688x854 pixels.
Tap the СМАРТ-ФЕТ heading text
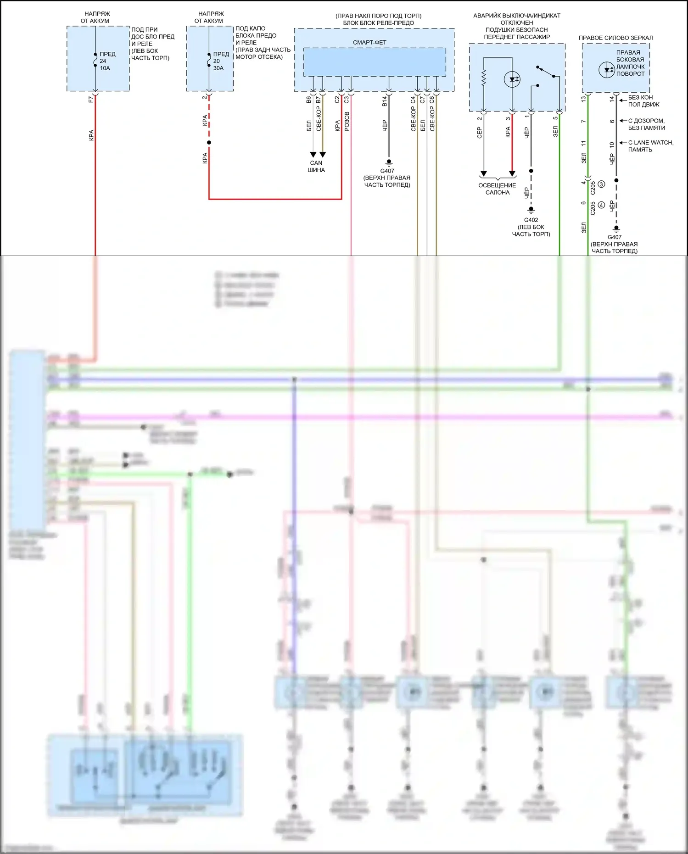coord(369,43)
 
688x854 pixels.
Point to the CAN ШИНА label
coord(316,166)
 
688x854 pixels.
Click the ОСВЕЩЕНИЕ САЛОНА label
coord(497,189)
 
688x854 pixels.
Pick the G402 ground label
coord(531,220)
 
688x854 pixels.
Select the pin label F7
coord(91,99)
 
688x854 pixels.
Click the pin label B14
coord(385,101)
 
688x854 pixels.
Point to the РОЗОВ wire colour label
coord(347,122)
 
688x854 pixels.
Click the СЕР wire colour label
coord(480,133)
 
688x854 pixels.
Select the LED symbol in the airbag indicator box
coord(512,79)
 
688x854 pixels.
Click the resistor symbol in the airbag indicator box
coord(483,78)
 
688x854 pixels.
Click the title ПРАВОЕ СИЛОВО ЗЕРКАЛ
coord(615,38)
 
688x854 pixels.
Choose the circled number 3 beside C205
coord(601,184)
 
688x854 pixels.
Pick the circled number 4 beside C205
coord(601,205)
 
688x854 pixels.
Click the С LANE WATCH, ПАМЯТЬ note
coord(650,146)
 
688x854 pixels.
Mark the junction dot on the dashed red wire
coord(209,143)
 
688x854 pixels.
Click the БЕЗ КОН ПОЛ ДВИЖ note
coord(643,101)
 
